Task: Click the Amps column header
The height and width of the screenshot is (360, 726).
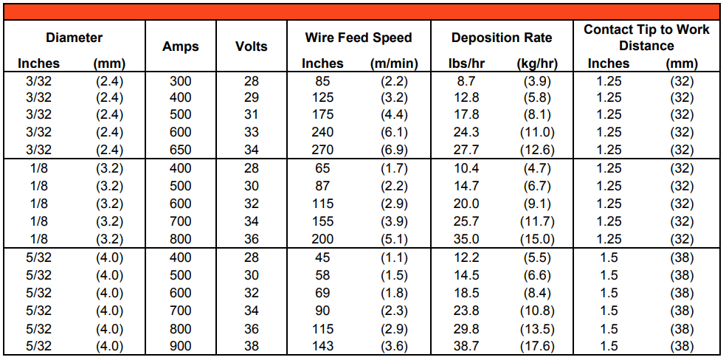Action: (180, 46)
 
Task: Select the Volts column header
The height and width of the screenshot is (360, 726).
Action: (251, 46)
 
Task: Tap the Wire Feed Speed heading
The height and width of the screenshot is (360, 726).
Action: (359, 38)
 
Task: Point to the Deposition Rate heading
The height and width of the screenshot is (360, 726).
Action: (502, 38)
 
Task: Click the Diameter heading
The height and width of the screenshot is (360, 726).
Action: (74, 38)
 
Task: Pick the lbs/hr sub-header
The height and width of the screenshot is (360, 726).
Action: (466, 63)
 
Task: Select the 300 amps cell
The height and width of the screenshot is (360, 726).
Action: (180, 80)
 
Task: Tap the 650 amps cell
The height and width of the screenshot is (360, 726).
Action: (180, 150)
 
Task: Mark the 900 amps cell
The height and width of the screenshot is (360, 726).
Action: (180, 346)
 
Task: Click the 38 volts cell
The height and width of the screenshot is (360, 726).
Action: (252, 346)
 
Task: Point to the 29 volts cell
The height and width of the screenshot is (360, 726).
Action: (252, 97)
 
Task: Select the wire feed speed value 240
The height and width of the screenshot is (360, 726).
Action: (322, 133)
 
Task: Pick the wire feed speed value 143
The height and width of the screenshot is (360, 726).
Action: (322, 346)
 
